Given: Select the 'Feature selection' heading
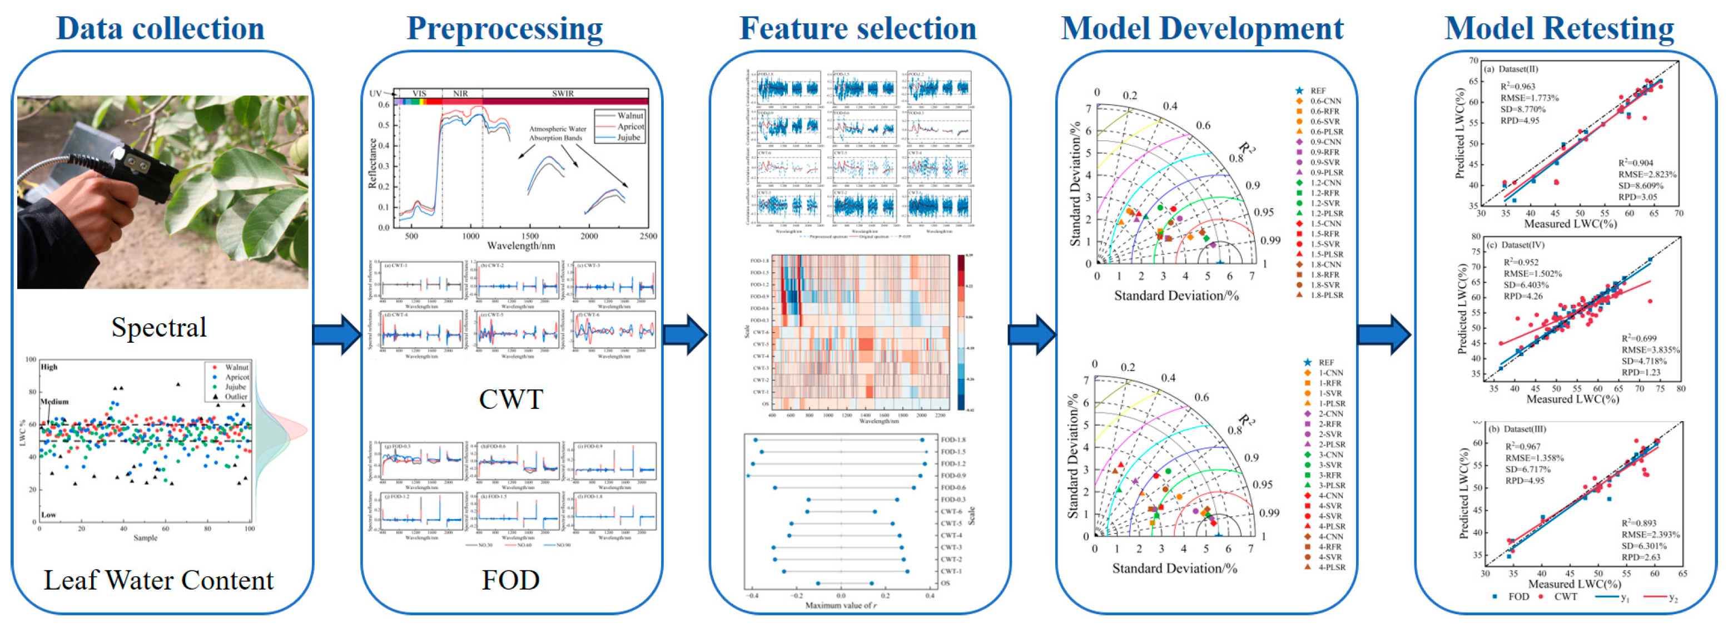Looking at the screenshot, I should [x=857, y=28].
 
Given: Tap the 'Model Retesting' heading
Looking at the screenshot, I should [x=1559, y=28].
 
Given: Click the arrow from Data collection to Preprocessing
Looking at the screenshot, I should [x=337, y=333].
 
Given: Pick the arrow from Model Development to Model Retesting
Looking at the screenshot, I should [x=1384, y=333].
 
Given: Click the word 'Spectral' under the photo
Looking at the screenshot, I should [x=159, y=328].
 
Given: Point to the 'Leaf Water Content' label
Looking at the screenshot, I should [x=159, y=580].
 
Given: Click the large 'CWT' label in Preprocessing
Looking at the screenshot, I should [x=510, y=399].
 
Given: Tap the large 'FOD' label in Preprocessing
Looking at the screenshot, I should [x=510, y=580].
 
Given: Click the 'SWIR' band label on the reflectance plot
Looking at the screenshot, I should [x=563, y=93].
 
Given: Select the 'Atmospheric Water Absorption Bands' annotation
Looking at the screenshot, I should [x=558, y=133].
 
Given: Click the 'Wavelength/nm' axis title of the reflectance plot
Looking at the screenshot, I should [x=520, y=245].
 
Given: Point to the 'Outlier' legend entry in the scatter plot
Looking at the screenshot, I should [x=235, y=397].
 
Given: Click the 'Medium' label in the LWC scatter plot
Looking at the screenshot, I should [x=54, y=401].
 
